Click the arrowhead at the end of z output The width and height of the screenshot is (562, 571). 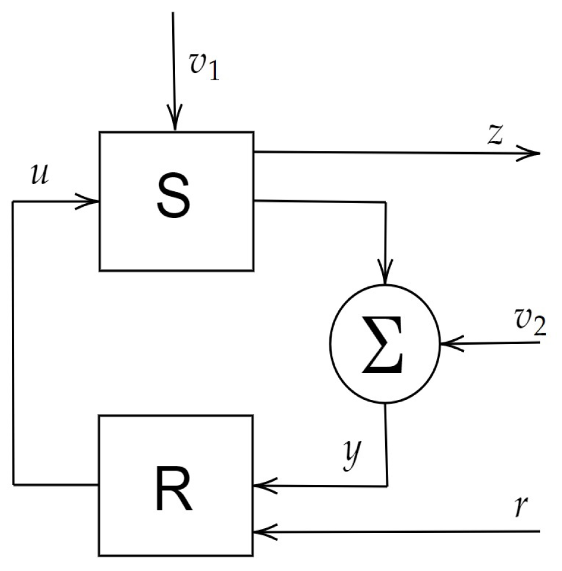(531, 153)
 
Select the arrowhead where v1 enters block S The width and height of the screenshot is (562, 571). (174, 122)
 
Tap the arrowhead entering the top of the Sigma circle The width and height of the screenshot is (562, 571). (386, 276)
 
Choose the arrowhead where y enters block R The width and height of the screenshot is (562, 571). (262, 485)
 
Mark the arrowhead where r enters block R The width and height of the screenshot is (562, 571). (262, 531)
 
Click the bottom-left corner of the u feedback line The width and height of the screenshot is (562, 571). (13, 485)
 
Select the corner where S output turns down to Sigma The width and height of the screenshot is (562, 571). (386, 202)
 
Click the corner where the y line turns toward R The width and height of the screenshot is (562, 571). (387, 485)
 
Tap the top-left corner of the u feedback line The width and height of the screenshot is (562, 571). (13, 202)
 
